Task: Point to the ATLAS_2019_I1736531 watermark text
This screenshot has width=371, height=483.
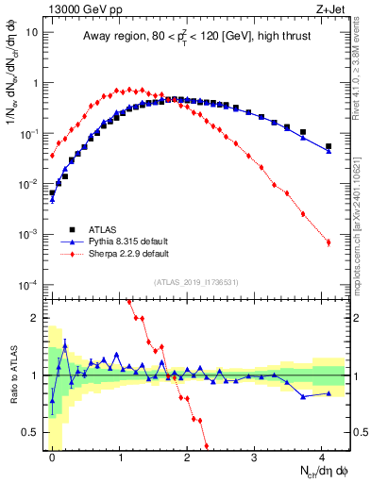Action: [x=196, y=282]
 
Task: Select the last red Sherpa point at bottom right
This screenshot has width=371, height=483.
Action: [x=329, y=242]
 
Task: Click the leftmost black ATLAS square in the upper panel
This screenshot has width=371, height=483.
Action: [x=52, y=192]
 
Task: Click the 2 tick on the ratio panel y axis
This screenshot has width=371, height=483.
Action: [x=34, y=318]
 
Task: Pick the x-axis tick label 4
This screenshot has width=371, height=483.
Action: [x=322, y=457]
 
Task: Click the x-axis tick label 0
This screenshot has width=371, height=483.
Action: [x=52, y=457]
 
